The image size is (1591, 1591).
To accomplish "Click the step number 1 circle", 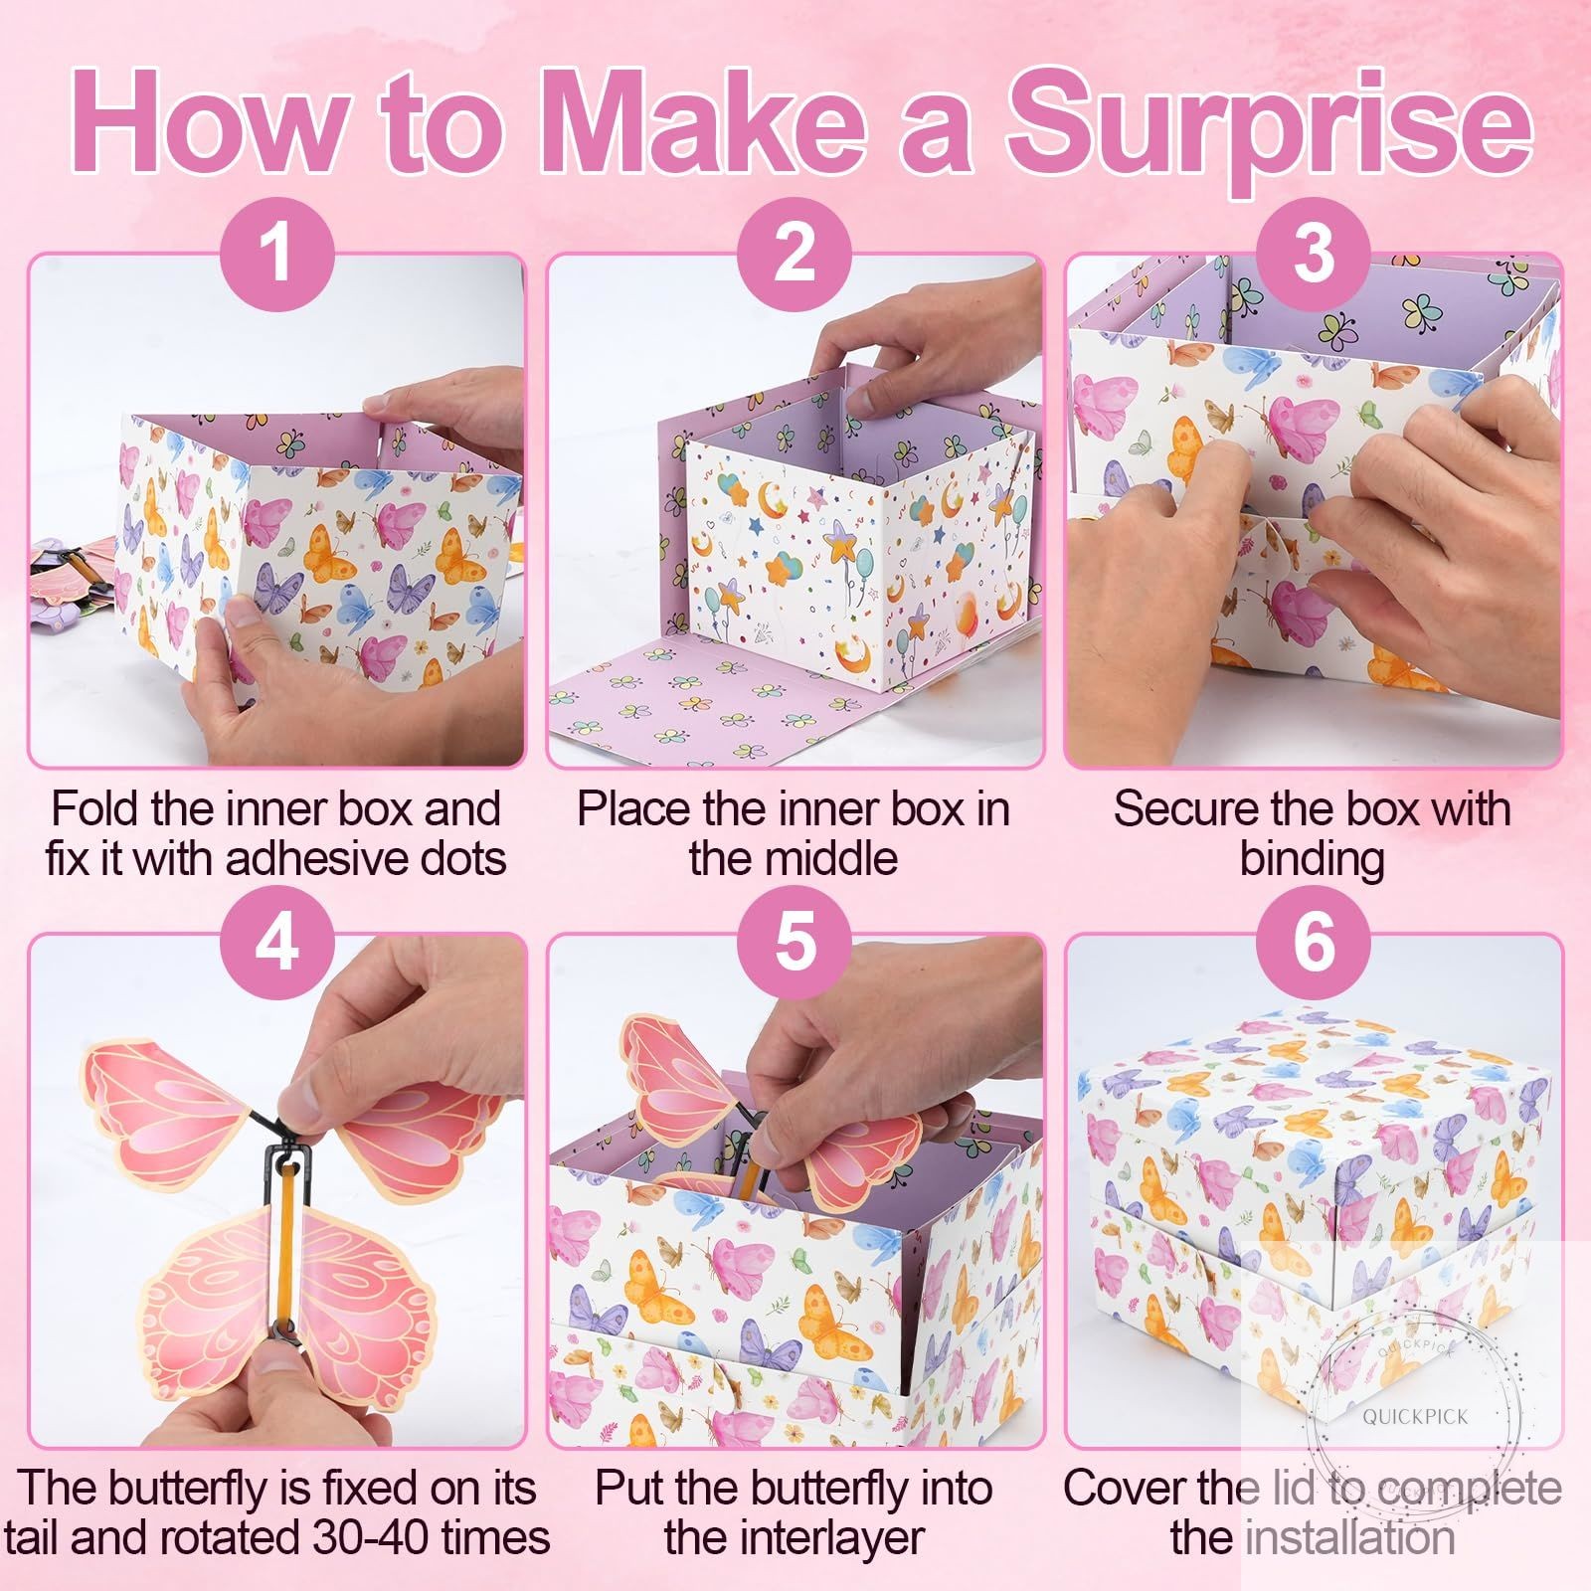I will pyautogui.click(x=276, y=252).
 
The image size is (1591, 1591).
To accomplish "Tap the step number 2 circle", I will pyautogui.click(x=795, y=252).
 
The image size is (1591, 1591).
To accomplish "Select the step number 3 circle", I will pyautogui.click(x=1314, y=252).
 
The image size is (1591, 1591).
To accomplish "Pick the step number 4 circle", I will pyautogui.click(x=276, y=940).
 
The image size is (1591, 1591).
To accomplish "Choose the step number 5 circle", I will pyautogui.click(x=795, y=940).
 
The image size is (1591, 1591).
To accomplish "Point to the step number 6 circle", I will pyautogui.click(x=1314, y=940).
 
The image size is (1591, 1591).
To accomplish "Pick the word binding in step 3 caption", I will pyautogui.click(x=1312, y=859).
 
